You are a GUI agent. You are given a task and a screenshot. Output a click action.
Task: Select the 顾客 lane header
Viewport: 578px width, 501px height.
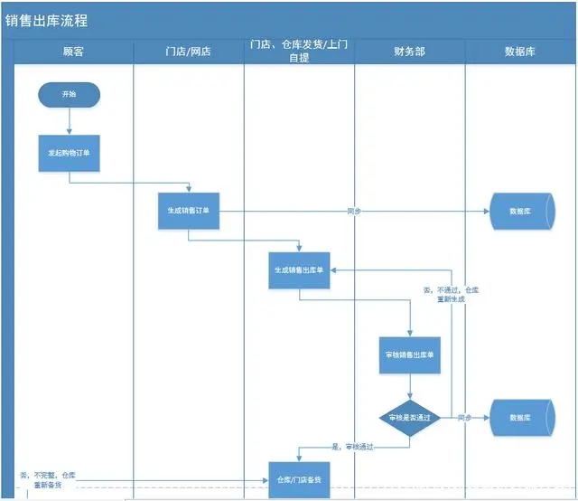73,52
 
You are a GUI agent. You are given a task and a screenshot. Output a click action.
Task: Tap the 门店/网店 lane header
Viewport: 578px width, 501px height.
189,52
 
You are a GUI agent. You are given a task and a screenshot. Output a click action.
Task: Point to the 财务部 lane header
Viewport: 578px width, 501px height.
409,52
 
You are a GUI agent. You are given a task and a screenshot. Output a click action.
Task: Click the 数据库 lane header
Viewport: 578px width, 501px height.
519,52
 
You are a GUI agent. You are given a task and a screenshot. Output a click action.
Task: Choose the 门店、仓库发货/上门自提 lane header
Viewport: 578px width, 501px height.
299,52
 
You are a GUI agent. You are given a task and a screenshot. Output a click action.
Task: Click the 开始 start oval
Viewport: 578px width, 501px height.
69,94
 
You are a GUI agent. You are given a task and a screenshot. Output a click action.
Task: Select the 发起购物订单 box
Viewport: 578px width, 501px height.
69,153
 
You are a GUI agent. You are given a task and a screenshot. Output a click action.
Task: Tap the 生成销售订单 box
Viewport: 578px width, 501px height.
188,211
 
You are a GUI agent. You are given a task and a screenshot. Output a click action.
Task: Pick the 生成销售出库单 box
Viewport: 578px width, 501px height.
300,269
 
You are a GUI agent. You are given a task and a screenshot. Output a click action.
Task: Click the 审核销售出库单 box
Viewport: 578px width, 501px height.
409,355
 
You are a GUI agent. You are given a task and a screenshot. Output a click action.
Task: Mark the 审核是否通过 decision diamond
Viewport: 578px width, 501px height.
409,418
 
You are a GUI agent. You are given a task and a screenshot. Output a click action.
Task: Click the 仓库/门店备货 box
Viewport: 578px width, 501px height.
299,479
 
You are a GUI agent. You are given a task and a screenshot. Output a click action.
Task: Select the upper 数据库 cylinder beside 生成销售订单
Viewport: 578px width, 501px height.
519,211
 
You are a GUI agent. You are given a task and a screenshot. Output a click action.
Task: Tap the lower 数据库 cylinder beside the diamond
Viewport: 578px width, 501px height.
519,418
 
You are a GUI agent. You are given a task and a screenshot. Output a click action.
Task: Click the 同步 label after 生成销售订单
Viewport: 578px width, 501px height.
353,211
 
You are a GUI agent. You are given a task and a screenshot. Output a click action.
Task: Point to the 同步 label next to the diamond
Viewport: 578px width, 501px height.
464,418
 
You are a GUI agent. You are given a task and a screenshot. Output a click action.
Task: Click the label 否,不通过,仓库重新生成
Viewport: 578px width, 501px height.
451,294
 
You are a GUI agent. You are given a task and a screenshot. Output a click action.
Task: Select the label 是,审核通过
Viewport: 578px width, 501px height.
353,447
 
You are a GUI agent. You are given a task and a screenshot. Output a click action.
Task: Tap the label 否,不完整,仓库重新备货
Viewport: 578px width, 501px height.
49,480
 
